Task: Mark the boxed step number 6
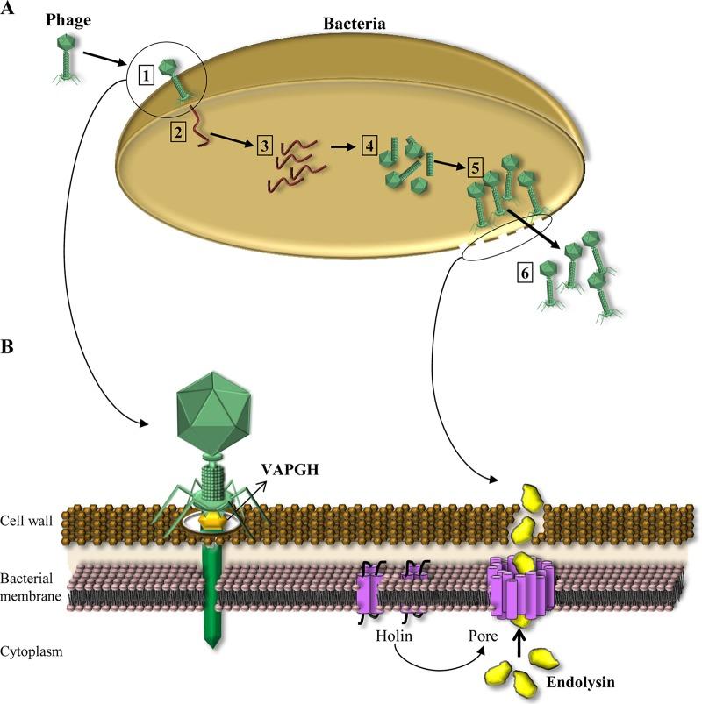point(525,273)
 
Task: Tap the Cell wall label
point(26,522)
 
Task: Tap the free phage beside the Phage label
point(67,59)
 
